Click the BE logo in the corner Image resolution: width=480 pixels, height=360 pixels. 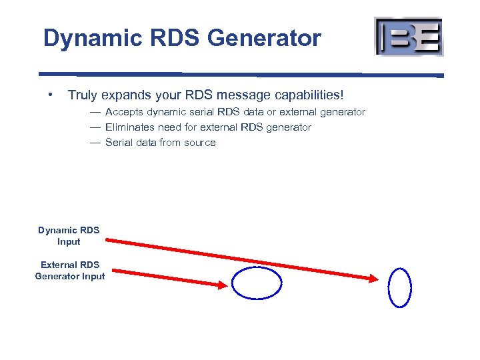coord(409,37)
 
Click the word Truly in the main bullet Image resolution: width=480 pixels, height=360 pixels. coord(83,96)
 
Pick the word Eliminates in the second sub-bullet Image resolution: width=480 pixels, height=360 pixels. coord(130,127)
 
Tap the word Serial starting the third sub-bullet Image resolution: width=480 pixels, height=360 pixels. coord(119,143)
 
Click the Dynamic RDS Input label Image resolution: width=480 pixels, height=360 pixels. coord(69,236)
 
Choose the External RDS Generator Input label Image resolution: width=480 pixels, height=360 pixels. coord(70,271)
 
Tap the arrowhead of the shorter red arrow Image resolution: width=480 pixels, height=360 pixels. coord(222,284)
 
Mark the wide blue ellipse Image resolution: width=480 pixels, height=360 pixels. coord(257,283)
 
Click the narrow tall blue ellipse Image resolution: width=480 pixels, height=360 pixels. coord(400,287)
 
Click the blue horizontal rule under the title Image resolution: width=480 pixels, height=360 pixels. coord(240,74)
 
